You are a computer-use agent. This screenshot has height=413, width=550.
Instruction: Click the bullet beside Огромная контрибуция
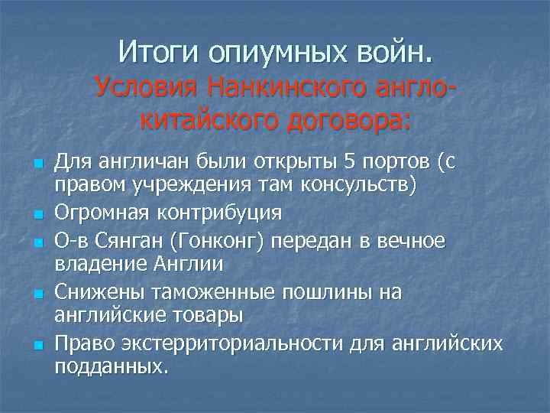click(x=37, y=213)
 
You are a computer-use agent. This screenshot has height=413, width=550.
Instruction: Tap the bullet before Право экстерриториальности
click(x=37, y=344)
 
